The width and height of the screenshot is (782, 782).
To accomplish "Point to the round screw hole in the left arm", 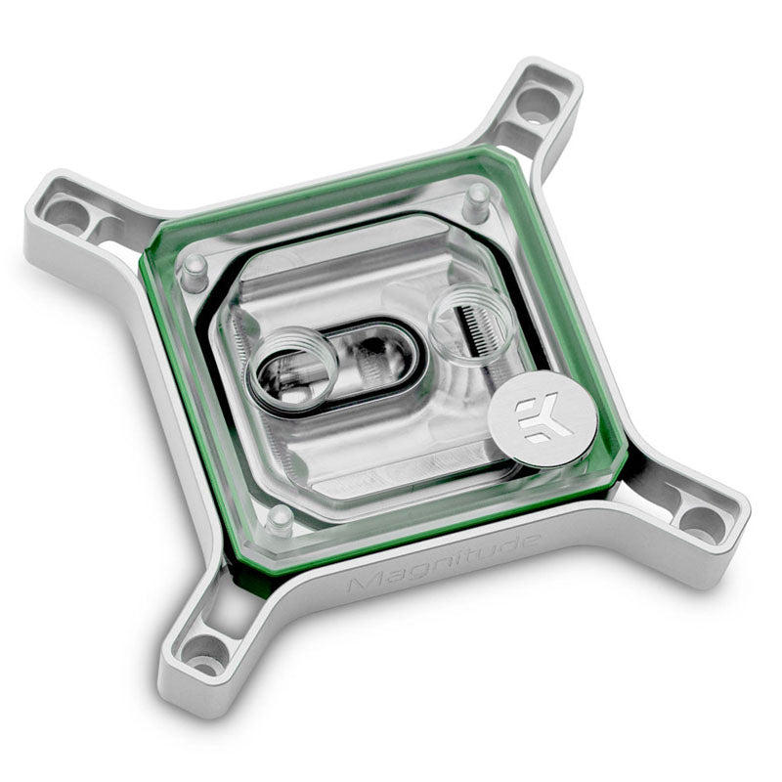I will pyautogui.click(x=71, y=216).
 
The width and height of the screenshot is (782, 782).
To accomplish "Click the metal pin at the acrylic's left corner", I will pyautogui.click(x=195, y=265).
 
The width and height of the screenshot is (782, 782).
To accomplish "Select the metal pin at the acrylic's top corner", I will pyautogui.click(x=476, y=198).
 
